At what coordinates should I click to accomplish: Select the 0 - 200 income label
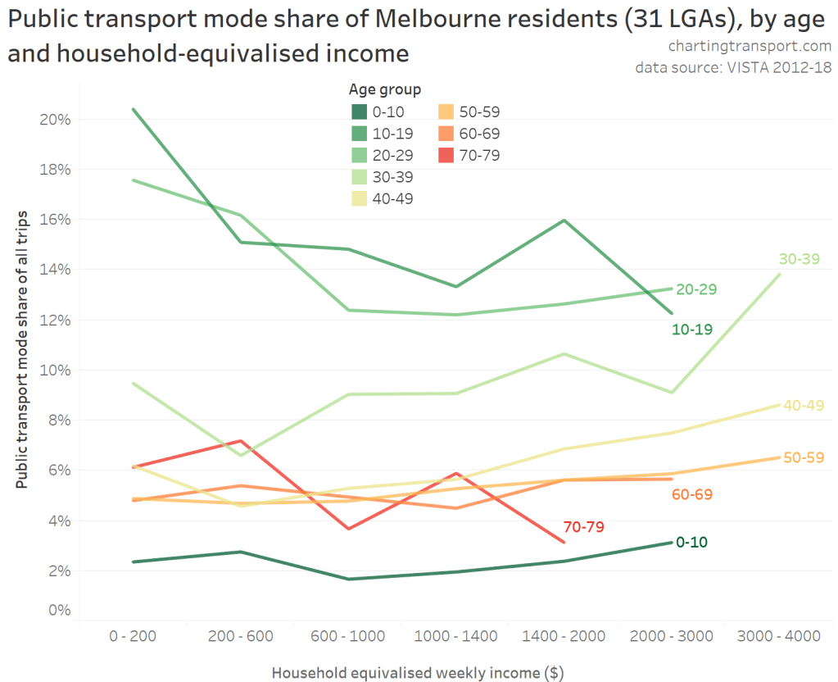[x=132, y=636]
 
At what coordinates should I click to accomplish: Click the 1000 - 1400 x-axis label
[x=455, y=636]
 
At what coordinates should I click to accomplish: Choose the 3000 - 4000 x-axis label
[x=779, y=636]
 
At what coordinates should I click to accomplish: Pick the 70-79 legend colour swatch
[x=445, y=155]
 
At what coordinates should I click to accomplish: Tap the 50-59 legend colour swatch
[x=445, y=113]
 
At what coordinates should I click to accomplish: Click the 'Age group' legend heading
[x=385, y=89]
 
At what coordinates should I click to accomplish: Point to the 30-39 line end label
[x=799, y=259]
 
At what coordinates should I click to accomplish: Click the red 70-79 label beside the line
[x=583, y=527]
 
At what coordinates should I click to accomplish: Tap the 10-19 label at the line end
[x=691, y=330]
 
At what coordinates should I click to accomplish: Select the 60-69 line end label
[x=691, y=495]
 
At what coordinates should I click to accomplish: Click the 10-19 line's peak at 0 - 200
[x=133, y=109]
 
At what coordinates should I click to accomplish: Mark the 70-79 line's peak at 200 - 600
[x=240, y=441]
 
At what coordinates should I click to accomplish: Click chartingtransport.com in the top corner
[x=750, y=46]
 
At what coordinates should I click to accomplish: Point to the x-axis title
[x=418, y=673]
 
